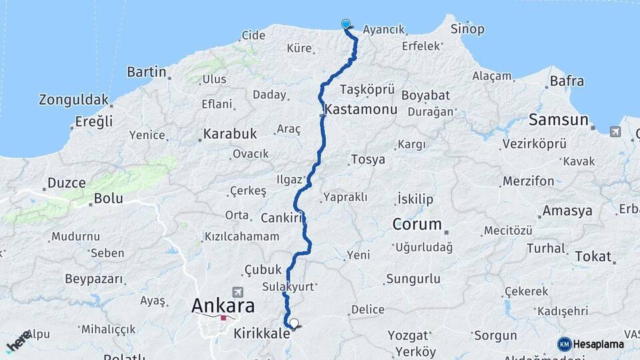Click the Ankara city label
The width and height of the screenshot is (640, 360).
click(x=223, y=306)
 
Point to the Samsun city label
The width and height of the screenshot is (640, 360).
click(x=558, y=120)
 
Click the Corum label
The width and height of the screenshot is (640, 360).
click(x=417, y=224)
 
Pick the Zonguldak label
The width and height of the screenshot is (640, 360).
click(x=73, y=100)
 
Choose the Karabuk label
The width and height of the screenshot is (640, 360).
click(x=230, y=134)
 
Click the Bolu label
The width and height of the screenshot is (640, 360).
click(x=108, y=199)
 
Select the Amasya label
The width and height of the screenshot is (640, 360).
click(x=567, y=211)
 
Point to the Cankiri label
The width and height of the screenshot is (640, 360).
click(x=282, y=218)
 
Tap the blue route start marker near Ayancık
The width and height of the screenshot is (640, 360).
click(x=346, y=25)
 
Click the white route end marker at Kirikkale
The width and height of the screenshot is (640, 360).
click(x=294, y=323)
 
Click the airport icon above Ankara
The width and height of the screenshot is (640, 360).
click(x=238, y=292)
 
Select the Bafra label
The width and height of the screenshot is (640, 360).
click(x=567, y=81)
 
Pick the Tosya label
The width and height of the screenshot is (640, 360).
click(x=368, y=160)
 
